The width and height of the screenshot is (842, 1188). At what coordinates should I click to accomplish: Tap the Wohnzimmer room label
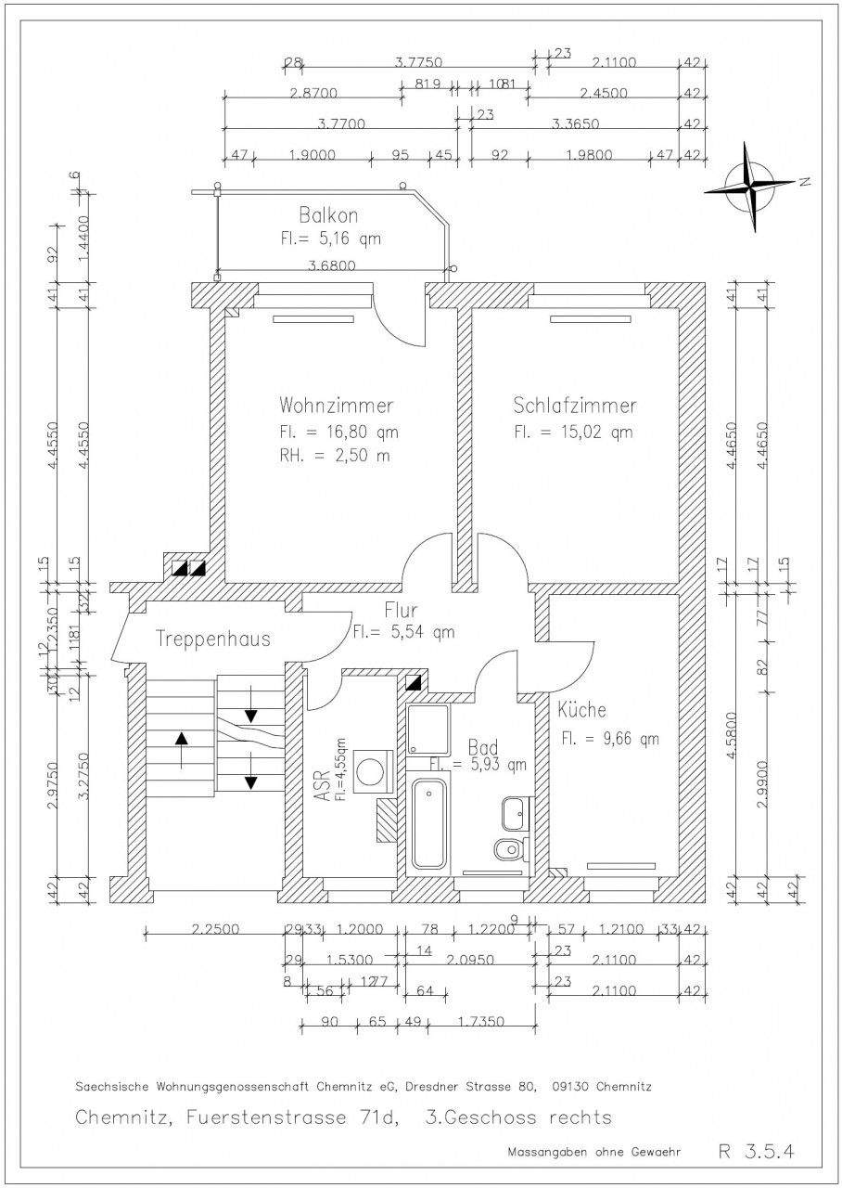pos(336,407)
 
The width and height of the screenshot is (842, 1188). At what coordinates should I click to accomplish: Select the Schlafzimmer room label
pos(575,407)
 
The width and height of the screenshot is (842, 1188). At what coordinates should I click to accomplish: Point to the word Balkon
pos(328,215)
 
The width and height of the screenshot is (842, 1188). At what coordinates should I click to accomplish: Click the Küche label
pos(581,711)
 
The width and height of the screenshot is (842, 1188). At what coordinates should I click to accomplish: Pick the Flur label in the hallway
pos(401,611)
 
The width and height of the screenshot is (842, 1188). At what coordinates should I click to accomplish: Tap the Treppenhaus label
pos(213,639)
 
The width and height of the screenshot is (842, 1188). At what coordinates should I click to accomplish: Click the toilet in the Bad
pos(509,849)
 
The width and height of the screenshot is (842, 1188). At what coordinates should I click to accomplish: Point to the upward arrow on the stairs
pos(181,748)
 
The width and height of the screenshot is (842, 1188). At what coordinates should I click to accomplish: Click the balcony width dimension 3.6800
pos(330,265)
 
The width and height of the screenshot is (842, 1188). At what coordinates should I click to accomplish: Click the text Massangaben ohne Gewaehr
pos(593,1152)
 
